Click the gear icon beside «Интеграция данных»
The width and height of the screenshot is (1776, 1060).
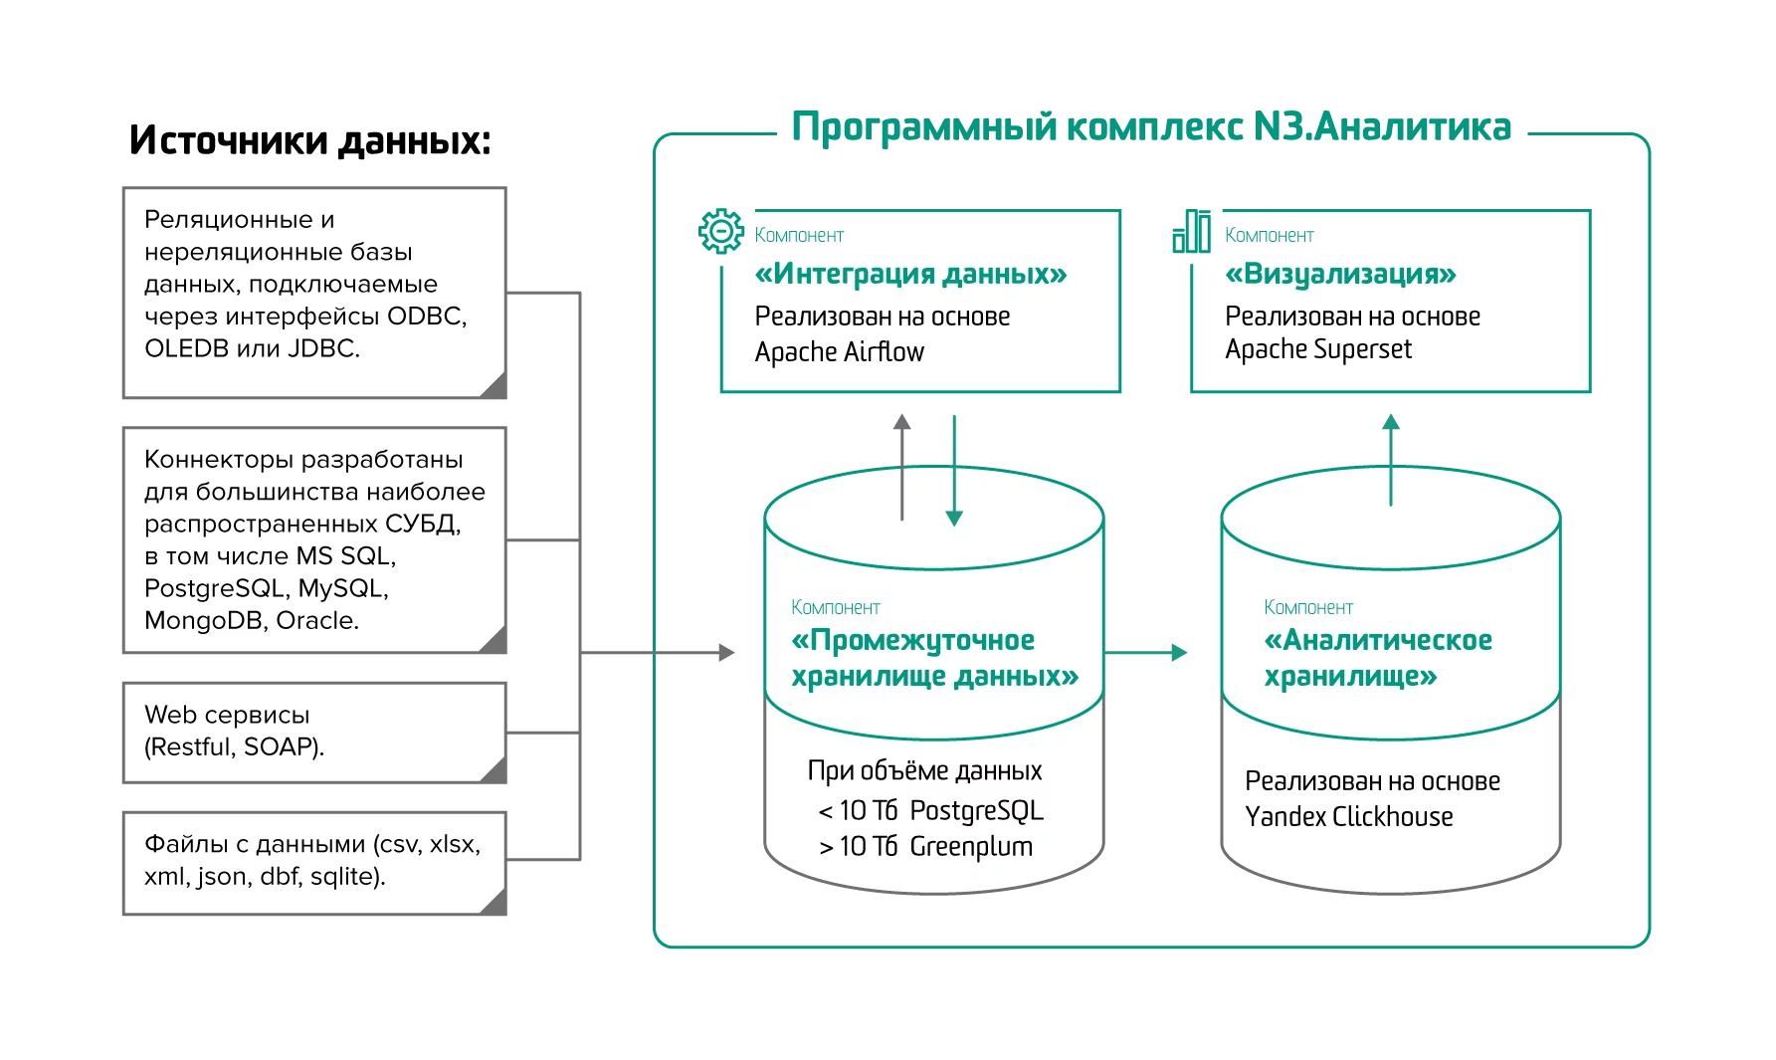click(721, 231)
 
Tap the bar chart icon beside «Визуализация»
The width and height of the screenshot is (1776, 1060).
click(1191, 231)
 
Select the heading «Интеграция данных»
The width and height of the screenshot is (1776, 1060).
click(910, 274)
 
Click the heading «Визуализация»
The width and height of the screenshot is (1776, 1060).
click(1340, 274)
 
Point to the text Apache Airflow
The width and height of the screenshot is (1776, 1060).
click(839, 352)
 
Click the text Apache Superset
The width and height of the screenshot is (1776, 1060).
click(1317, 349)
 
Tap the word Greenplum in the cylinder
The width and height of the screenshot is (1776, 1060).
click(971, 847)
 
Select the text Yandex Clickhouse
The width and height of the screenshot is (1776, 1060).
click(1348, 817)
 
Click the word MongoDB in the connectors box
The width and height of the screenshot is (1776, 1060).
click(204, 620)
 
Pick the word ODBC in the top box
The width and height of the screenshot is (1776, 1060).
click(425, 317)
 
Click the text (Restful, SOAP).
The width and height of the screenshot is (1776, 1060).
click(234, 746)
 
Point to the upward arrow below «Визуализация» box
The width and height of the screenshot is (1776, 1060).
click(1390, 458)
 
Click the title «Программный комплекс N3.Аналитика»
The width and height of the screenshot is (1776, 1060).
click(1149, 128)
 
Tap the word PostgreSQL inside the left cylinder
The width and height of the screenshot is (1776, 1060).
click(976, 811)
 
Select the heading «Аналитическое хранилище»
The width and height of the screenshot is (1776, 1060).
click(1377, 658)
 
